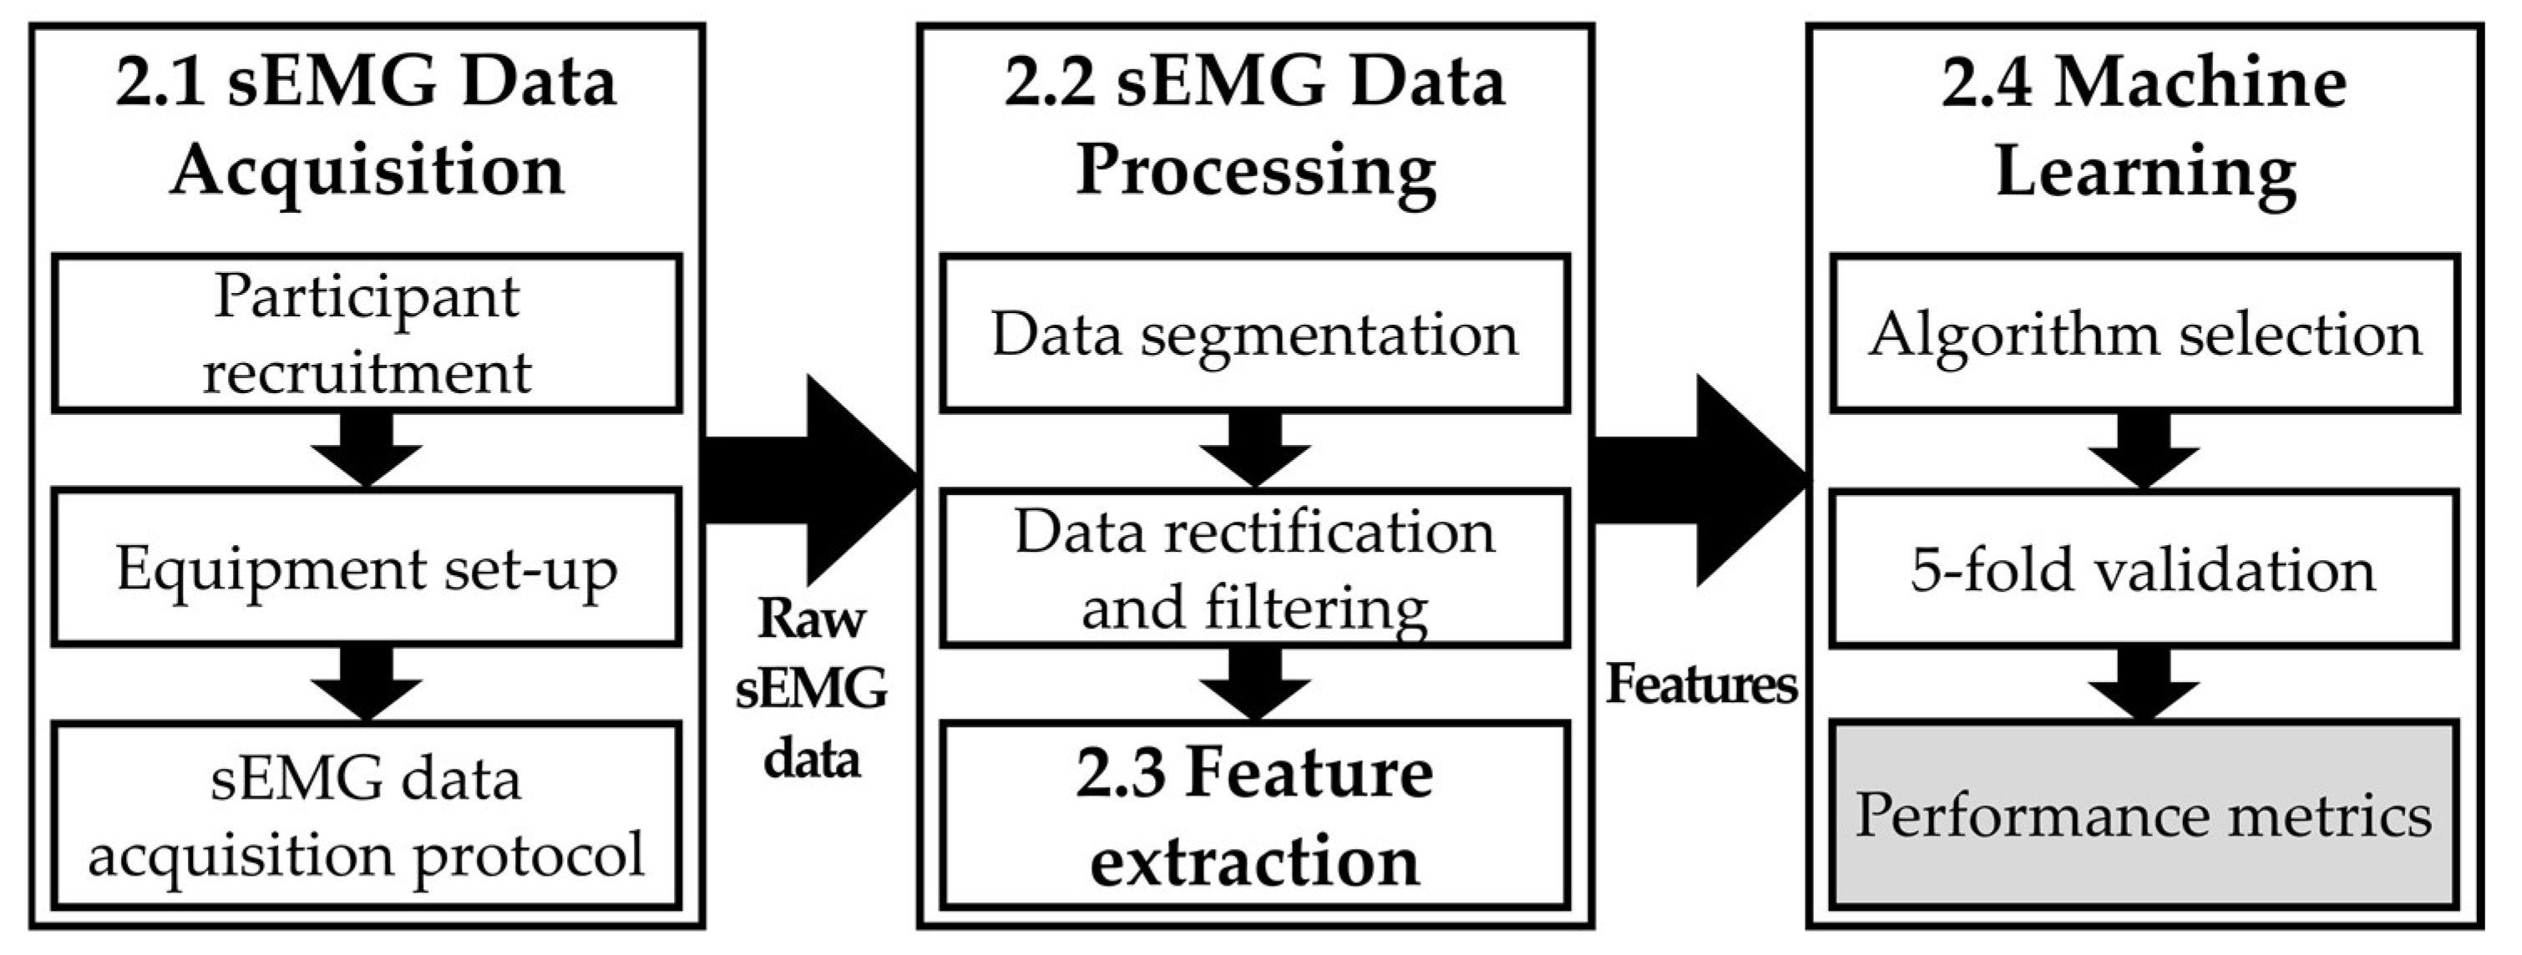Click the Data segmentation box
(x=1254, y=333)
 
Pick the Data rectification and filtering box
(x=1254, y=568)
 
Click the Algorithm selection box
(x=2144, y=333)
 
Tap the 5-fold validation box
(x=2144, y=568)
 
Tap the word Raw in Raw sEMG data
(x=812, y=618)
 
